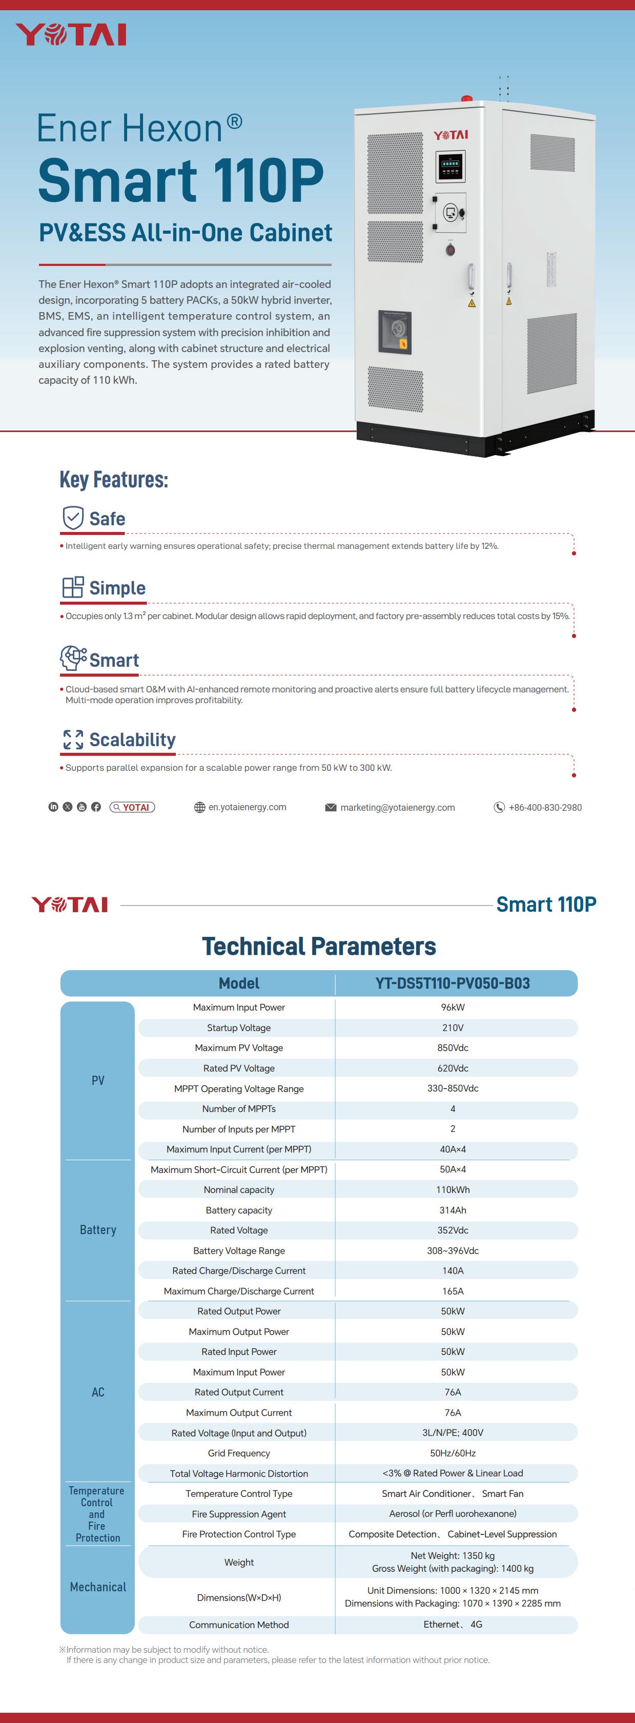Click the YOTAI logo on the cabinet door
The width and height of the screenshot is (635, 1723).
click(x=450, y=135)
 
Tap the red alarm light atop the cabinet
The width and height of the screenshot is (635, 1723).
click(x=466, y=99)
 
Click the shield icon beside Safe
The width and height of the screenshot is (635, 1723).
click(x=73, y=518)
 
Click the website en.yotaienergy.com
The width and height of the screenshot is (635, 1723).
click(x=247, y=807)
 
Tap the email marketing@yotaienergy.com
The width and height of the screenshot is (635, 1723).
click(x=398, y=807)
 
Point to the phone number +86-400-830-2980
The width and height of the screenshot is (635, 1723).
click(x=545, y=807)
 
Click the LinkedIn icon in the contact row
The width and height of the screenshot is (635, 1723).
click(x=53, y=807)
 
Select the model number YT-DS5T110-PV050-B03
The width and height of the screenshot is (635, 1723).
click(x=453, y=983)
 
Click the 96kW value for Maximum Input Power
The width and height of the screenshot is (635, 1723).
click(x=453, y=1008)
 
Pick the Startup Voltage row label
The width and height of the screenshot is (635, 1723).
click(x=239, y=1028)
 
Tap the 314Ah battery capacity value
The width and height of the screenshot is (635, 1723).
click(x=453, y=1210)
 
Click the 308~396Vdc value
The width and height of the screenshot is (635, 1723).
click(x=453, y=1251)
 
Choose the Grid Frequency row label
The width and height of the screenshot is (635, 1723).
click(x=239, y=1453)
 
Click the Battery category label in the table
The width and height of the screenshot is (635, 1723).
click(x=98, y=1230)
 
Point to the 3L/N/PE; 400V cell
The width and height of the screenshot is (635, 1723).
click(x=453, y=1433)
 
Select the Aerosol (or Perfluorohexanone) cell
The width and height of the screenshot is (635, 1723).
click(x=453, y=1513)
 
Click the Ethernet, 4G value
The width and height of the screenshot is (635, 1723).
click(x=453, y=1625)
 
